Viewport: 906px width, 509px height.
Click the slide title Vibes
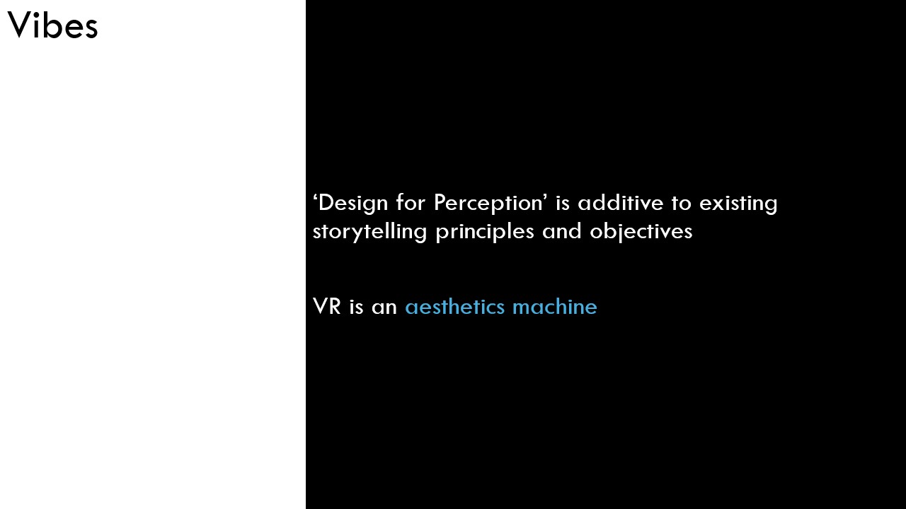tap(52, 25)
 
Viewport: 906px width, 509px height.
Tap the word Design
tap(353, 203)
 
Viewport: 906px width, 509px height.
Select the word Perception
tap(488, 203)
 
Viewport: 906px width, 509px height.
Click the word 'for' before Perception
tap(411, 202)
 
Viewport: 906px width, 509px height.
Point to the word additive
tap(621, 202)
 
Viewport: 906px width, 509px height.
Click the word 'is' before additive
tap(563, 202)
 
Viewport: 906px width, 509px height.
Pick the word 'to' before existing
tap(682, 203)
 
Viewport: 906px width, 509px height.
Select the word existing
tap(738, 204)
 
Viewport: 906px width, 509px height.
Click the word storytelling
tap(369, 232)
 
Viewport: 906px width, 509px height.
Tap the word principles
tap(485, 232)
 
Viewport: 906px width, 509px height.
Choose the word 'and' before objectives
tap(562, 231)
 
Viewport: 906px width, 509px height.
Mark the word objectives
tap(641, 232)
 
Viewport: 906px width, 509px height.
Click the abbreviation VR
tap(327, 306)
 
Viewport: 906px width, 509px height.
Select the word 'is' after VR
tap(356, 307)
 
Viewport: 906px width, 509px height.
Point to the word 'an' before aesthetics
tap(384, 308)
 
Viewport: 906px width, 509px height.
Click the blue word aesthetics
tap(454, 306)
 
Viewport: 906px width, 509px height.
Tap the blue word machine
tap(555, 306)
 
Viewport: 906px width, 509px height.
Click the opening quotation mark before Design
tap(315, 197)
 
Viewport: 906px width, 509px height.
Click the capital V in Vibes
tap(21, 25)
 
